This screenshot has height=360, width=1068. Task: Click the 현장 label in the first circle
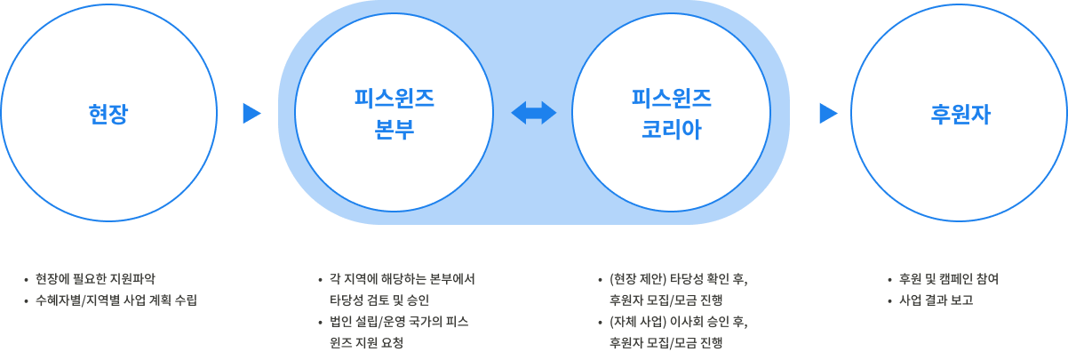tap(108, 114)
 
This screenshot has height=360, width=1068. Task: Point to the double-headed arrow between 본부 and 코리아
tap(533, 113)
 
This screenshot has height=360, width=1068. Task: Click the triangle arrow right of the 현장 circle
tap(251, 113)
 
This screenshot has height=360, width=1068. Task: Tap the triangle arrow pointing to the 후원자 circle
tap(828, 113)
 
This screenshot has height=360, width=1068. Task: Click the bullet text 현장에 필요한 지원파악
tap(95, 279)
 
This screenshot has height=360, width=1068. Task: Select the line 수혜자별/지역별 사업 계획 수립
tap(116, 300)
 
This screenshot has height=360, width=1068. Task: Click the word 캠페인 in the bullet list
tap(947, 279)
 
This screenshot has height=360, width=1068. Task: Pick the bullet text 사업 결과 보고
tap(936, 300)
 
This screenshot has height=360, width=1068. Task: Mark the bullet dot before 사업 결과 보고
tap(890, 300)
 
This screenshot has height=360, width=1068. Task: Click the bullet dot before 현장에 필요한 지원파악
tap(27, 279)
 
